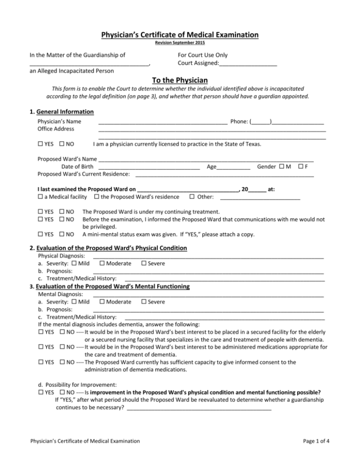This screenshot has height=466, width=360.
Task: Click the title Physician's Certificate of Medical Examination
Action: click(x=180, y=35)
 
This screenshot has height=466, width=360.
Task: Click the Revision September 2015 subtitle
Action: click(x=180, y=43)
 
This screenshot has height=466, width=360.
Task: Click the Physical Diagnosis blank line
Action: click(x=208, y=256)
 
